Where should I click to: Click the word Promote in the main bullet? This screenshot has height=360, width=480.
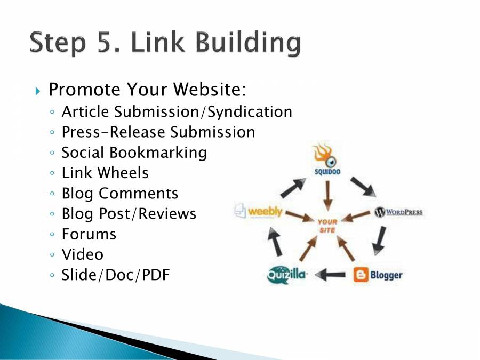click(83, 90)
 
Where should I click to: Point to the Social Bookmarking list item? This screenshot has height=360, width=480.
click(134, 152)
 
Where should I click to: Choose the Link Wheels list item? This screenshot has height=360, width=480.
click(105, 172)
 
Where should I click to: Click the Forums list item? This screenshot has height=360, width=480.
click(89, 234)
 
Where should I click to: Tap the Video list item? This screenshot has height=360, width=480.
click(82, 254)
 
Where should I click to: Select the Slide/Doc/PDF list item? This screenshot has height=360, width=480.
click(115, 275)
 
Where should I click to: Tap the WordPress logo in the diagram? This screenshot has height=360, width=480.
click(398, 212)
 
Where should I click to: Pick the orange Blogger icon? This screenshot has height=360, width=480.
click(361, 275)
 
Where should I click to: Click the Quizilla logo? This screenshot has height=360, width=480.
click(287, 275)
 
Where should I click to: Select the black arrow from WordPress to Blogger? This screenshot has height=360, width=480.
click(380, 239)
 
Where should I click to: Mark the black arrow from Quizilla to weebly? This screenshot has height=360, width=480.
click(275, 242)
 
